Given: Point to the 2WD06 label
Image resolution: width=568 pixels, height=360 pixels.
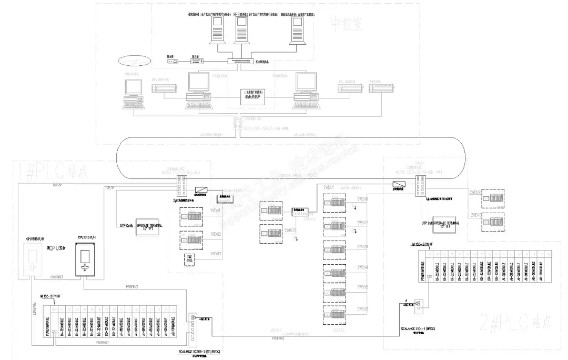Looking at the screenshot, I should (362, 199).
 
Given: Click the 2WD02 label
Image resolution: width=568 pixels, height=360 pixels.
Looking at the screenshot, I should (362, 308).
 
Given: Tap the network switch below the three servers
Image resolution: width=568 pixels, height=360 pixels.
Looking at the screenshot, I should (240, 62).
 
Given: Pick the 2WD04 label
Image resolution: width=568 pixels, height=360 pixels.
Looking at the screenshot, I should (362, 267).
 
